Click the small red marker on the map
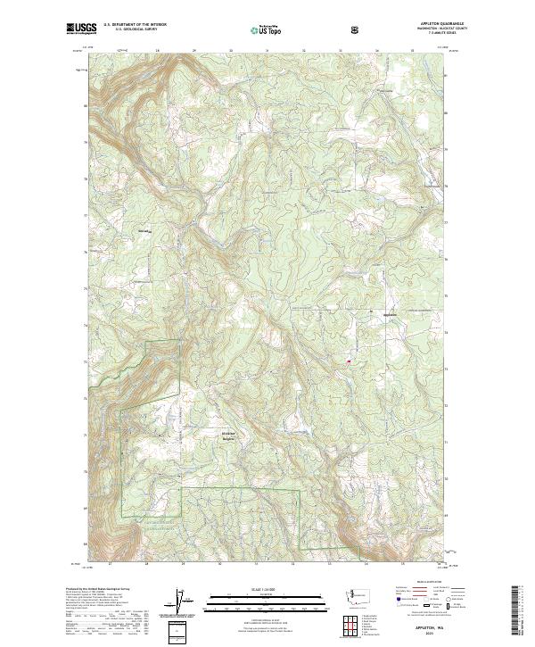347,361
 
